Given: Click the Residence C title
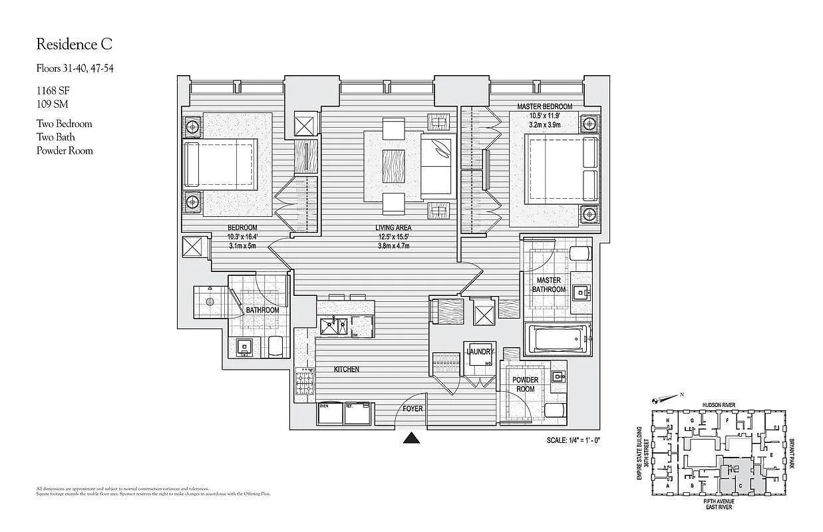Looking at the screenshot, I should (x=74, y=45).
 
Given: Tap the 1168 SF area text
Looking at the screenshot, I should (x=51, y=91).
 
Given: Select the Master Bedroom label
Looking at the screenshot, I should (x=544, y=106).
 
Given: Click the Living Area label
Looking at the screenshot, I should (x=393, y=227).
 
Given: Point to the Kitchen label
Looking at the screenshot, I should (x=346, y=369).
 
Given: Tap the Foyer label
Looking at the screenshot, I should (x=412, y=408).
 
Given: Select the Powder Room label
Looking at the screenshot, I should (x=525, y=384).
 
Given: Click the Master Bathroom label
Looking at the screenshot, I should (x=549, y=285).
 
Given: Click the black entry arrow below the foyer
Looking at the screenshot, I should (x=412, y=438).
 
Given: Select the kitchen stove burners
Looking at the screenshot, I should (x=306, y=384).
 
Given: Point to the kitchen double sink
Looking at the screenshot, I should (x=333, y=325).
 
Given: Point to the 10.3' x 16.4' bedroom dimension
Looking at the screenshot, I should (x=242, y=236).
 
